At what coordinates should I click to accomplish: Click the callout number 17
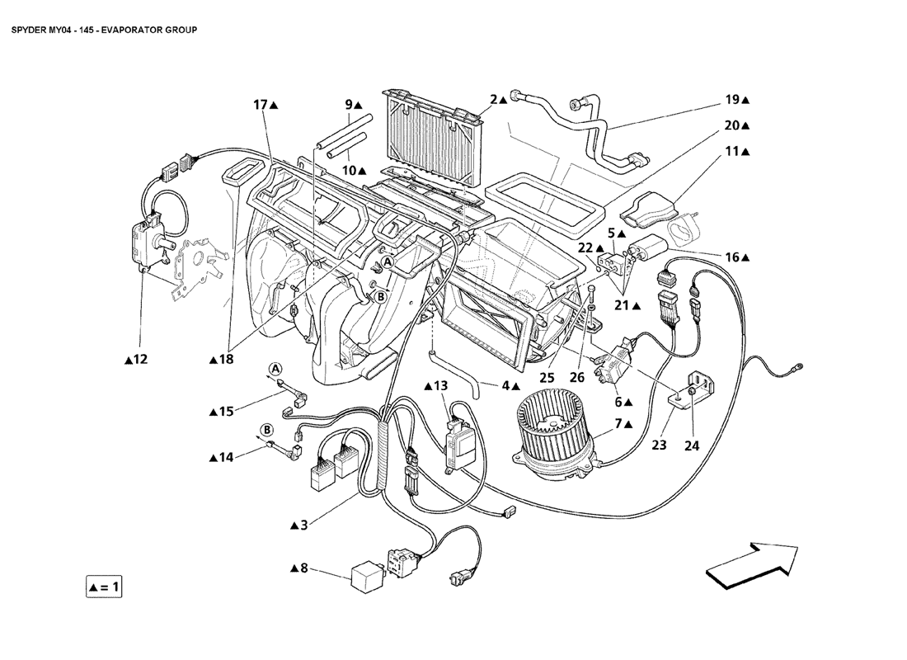tap(261, 105)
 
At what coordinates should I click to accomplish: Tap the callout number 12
tap(141, 359)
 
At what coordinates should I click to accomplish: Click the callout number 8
tap(303, 568)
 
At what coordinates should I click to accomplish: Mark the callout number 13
tap(440, 385)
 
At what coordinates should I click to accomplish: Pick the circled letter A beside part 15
tap(275, 368)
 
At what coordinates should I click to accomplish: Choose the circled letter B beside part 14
tap(267, 429)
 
